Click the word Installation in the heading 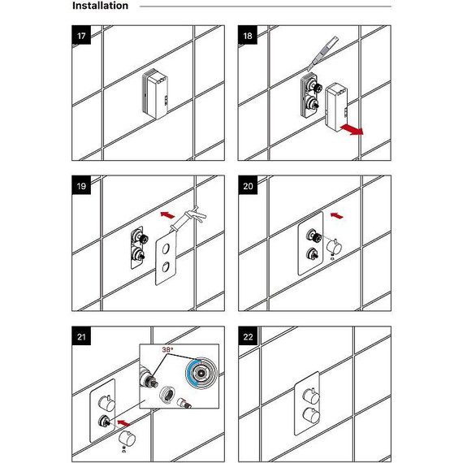click(100, 6)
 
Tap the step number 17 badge click(81, 35)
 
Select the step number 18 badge click(248, 35)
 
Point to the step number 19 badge click(81, 185)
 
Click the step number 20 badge click(248, 185)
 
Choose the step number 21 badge click(81, 336)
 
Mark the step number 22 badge click(248, 336)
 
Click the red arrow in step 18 click(352, 129)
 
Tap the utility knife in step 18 click(322, 54)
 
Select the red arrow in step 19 click(167, 214)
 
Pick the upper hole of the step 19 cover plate click(166, 249)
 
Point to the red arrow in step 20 click(337, 215)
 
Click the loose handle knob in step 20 click(335, 246)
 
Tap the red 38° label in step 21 click(167, 349)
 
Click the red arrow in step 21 click(123, 423)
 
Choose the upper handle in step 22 click(311, 396)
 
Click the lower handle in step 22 click(311, 414)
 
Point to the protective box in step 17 click(155, 94)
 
